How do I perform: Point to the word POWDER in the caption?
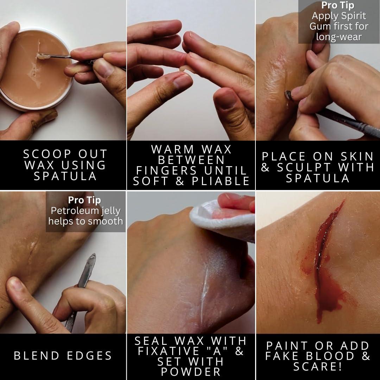(191, 372)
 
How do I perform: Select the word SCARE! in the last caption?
(317, 367)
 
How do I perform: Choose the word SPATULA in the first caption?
(65, 176)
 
